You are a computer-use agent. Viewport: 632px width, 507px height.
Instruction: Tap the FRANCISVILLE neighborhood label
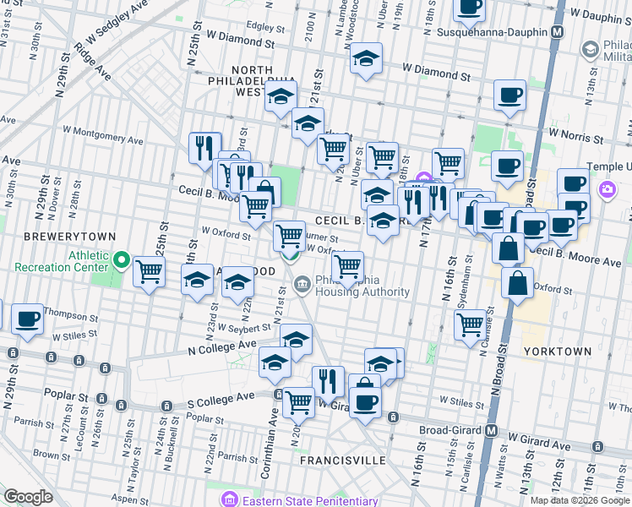pyautogui.click(x=343, y=461)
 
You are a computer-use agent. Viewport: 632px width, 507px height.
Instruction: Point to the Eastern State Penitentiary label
pyautogui.click(x=294, y=499)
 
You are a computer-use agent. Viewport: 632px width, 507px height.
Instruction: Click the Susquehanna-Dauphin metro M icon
pyautogui.click(x=557, y=32)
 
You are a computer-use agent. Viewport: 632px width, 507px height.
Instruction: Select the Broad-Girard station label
pyautogui.click(x=450, y=430)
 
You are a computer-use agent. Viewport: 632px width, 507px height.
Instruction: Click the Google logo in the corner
pyautogui.click(x=28, y=497)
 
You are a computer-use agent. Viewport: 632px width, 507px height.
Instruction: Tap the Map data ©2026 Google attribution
pyautogui.click(x=579, y=500)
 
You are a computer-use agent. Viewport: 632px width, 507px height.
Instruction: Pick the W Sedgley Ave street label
pyautogui.click(x=110, y=26)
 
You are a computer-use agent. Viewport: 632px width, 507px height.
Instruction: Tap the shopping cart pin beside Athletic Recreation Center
pyautogui.click(x=149, y=271)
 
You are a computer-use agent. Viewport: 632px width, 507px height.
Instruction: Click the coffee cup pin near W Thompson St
pyautogui.click(x=28, y=319)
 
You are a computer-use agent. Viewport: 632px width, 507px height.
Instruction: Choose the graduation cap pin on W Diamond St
pyautogui.click(x=366, y=58)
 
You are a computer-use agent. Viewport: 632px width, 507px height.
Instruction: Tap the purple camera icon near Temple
pyautogui.click(x=606, y=190)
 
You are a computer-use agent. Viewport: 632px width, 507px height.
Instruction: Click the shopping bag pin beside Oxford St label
pyautogui.click(x=517, y=282)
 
